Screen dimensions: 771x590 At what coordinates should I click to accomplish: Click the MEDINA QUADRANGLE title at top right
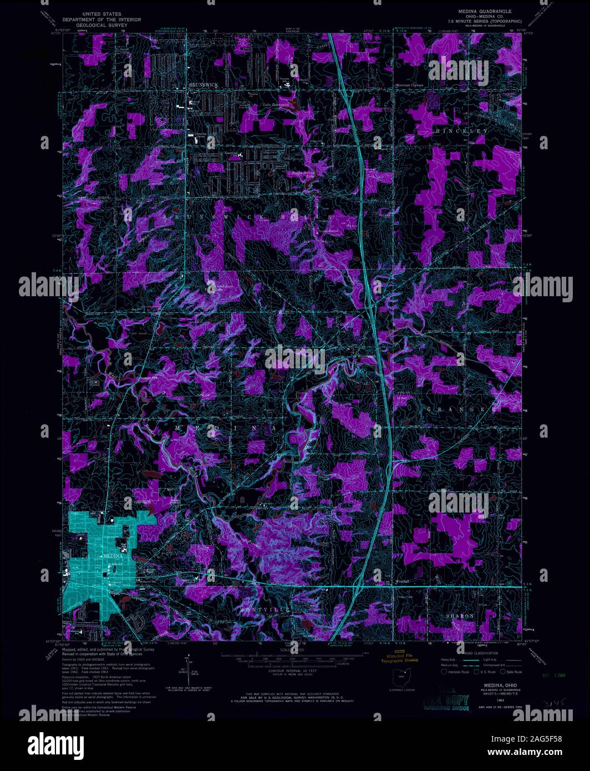point(485,11)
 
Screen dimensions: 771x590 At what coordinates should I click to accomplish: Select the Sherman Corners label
point(409,85)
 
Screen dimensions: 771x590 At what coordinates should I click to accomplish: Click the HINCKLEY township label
point(461,131)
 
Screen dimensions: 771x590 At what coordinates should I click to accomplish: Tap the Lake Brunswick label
point(276,104)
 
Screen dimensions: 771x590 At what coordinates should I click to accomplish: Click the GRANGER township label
point(461,409)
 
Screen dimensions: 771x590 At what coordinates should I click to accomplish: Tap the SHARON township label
point(460,616)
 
